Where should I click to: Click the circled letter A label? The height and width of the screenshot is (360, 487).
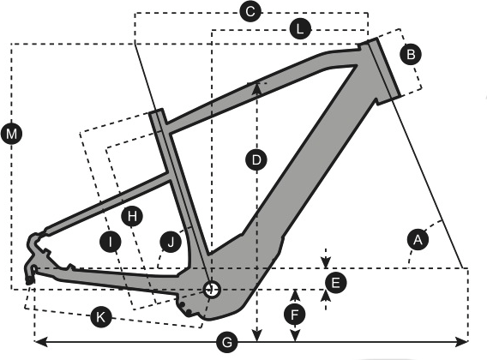click(418, 239)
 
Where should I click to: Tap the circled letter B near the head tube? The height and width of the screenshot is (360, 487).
click(411, 55)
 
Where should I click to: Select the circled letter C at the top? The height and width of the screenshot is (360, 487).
click(250, 11)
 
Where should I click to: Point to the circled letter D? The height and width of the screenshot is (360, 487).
click(256, 160)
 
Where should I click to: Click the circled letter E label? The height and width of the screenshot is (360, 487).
click(335, 283)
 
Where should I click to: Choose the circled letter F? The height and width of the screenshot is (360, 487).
click(295, 315)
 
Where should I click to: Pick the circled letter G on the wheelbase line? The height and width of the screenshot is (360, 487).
click(227, 343)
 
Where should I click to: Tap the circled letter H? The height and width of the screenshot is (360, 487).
click(132, 215)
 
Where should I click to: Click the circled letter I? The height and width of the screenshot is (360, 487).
click(111, 242)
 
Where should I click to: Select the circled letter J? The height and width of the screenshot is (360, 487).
click(171, 242)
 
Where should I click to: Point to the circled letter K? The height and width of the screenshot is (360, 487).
click(100, 317)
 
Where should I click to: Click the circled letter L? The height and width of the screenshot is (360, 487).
click(300, 29)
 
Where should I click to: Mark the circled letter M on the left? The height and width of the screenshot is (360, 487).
click(11, 135)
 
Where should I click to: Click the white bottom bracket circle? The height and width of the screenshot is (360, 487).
click(212, 290)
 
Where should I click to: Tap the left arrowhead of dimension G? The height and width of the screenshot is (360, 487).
click(40, 342)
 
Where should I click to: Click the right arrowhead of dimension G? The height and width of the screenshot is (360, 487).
click(461, 342)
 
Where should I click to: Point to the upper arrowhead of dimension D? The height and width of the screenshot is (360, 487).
click(256, 87)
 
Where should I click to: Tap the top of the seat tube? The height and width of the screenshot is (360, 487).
click(156, 111)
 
